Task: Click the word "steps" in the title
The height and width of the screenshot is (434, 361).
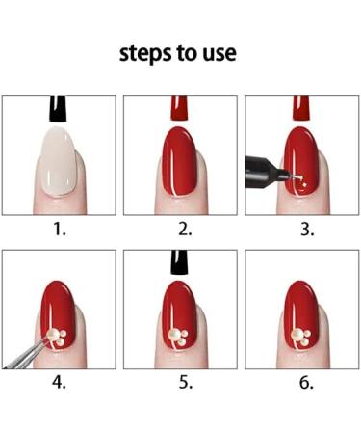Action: coord(146,54)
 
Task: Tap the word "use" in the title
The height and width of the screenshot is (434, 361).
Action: coord(219,54)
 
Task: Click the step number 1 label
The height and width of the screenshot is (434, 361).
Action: coord(59,230)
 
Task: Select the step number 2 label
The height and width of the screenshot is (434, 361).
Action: coord(185,230)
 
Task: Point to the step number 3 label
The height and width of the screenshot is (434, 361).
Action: coord(307,230)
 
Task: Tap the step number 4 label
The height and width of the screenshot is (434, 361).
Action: coord(59,383)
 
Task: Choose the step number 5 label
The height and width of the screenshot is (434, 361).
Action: coord(186,383)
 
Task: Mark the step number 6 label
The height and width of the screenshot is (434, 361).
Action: coord(306,383)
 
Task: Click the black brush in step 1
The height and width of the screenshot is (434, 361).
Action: coord(58,109)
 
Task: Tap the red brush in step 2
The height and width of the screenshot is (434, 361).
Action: coord(179,108)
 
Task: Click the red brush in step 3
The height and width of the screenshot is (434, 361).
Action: coord(301,108)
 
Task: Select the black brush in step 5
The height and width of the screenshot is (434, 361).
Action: coord(179,262)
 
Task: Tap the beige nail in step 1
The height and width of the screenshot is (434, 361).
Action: coord(59,161)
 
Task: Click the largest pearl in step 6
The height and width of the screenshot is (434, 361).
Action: coord(297,335)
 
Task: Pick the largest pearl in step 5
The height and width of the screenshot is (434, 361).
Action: coord(175,335)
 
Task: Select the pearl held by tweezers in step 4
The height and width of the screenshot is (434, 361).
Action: coord(54,335)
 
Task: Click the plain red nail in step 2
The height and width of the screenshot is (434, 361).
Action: coord(179,161)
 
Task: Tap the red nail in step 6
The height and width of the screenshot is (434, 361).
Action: coord(301,315)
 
